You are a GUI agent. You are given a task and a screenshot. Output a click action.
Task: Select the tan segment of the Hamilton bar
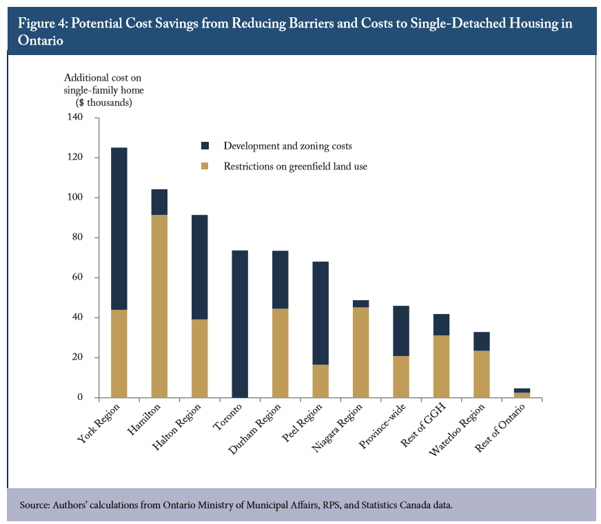click(159, 306)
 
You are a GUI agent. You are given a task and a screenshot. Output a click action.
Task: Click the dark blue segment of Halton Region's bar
click(199, 267)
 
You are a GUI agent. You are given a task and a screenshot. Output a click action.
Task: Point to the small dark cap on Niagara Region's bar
click(360, 304)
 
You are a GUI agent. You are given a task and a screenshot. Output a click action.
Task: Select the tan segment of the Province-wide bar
click(400, 377)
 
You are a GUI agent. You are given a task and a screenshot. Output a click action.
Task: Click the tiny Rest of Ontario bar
click(521, 393)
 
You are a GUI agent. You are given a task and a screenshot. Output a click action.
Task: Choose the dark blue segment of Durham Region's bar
click(279, 280)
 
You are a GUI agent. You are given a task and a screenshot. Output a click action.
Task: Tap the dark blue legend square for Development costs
click(205, 146)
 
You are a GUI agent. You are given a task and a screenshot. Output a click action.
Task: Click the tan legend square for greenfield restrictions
click(205, 166)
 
